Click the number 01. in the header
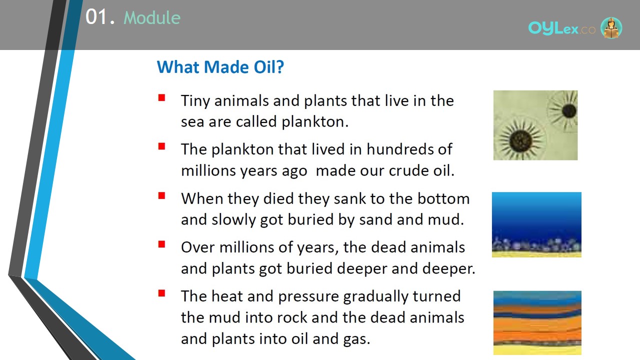coord(100,17)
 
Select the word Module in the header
coord(152,17)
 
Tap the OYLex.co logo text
coord(561,28)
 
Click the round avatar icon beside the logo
coord(611,27)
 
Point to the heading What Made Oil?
coord(220,67)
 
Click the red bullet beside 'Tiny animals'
coord(161,98)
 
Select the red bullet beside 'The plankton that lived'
coord(161,146)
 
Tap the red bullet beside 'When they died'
coord(161,195)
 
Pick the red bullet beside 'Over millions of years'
coord(161,244)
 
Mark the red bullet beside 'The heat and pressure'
coord(161,293)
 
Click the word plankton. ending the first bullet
coord(315,122)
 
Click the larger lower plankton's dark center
coord(520,141)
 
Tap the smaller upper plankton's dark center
coord(569,111)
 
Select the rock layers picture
coord(537,323)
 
